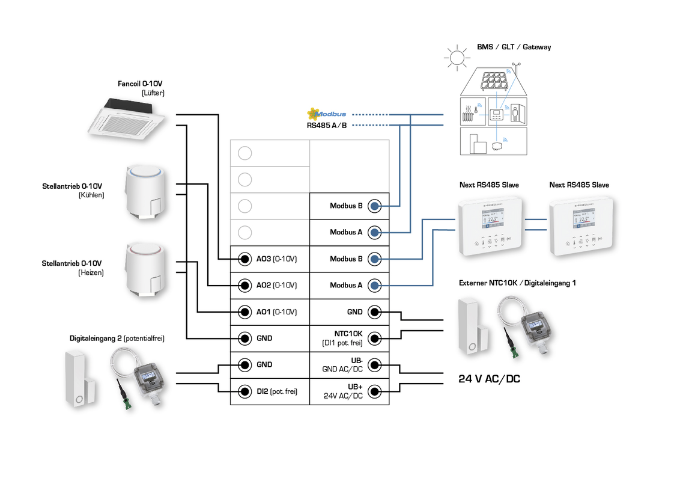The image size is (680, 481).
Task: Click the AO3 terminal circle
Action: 244,259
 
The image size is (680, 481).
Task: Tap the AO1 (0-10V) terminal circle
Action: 244,312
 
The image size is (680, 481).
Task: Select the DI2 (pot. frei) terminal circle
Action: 244,391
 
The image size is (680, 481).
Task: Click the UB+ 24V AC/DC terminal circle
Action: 374,391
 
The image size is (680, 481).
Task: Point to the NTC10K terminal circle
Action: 374,339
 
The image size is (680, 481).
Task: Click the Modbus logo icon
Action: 312,114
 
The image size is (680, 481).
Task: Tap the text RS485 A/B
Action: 327,126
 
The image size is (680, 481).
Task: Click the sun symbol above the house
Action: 457,58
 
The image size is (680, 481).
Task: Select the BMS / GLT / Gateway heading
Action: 514,47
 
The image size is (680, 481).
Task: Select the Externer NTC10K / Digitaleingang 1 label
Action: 517,283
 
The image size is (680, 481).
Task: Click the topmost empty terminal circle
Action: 244,153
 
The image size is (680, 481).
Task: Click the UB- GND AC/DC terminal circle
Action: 374,365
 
